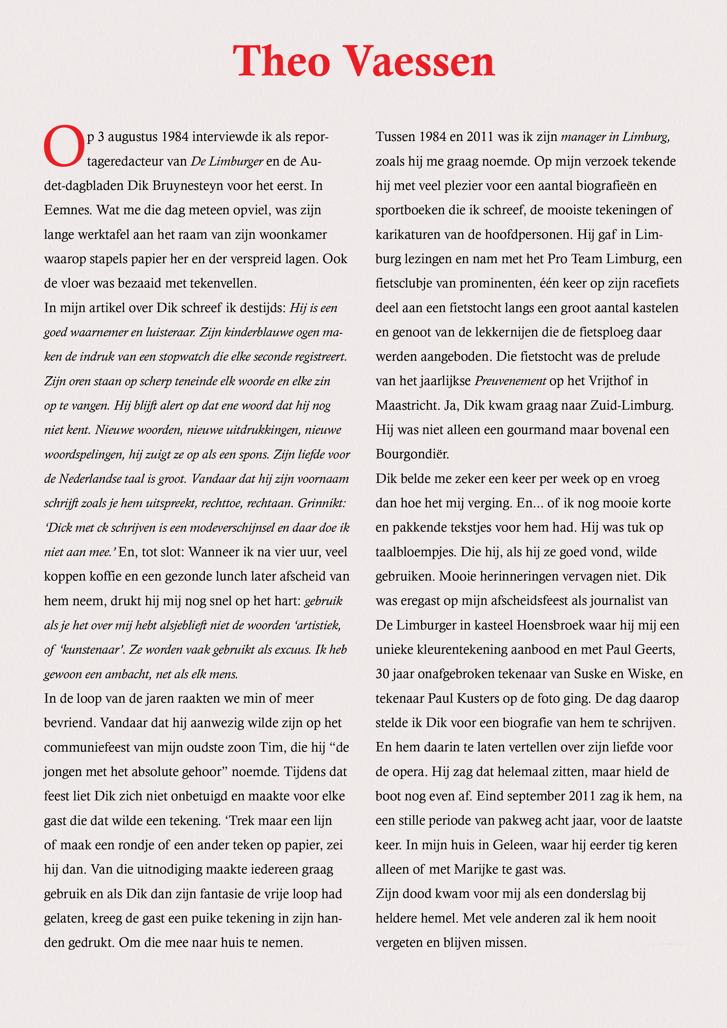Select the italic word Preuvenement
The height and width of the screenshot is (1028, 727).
tap(510, 381)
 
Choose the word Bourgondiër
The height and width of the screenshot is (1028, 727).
tap(412, 455)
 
